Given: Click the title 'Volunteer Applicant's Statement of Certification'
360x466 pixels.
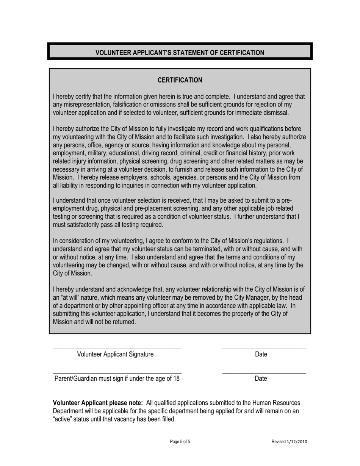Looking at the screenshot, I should point(180,53).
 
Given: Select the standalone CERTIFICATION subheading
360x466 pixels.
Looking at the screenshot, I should point(180,80).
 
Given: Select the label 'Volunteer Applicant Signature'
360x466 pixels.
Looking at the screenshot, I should point(115,354).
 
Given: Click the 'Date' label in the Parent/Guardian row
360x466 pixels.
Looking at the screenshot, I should point(261,378).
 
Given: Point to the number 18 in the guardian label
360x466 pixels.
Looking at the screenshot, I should point(176,378).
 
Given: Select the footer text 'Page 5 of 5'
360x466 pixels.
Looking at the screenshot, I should point(180,442).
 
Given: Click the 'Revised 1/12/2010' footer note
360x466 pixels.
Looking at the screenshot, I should point(289,442).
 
